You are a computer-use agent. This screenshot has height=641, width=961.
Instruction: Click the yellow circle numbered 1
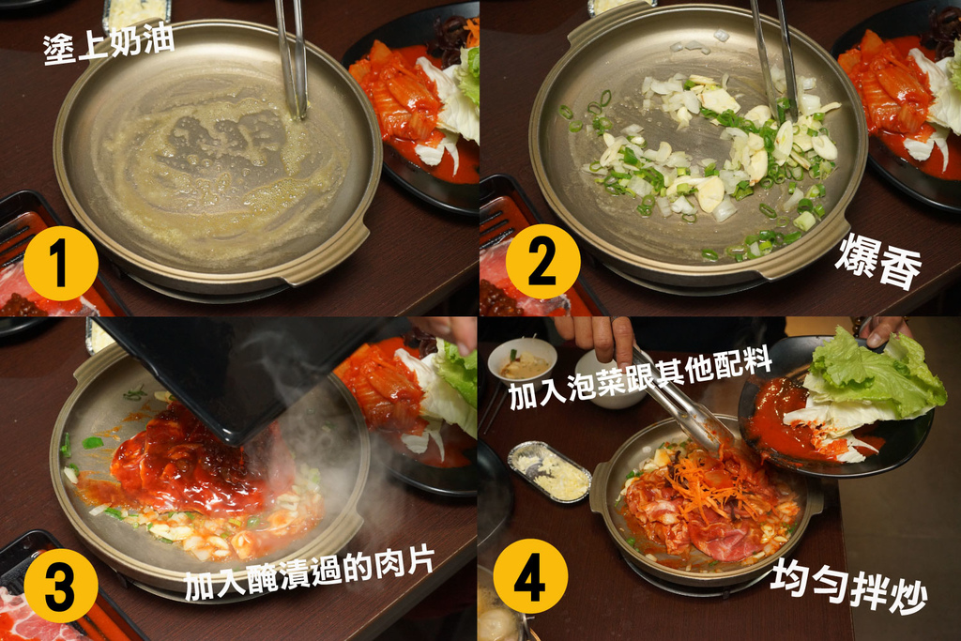coord(61,264)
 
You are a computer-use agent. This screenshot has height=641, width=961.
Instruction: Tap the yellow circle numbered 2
coord(542,262)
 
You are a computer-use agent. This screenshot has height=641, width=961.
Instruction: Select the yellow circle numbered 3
coord(61,586)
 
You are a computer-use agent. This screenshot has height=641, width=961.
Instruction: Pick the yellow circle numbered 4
coord(530,576)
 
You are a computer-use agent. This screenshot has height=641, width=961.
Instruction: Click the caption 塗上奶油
coord(109,43)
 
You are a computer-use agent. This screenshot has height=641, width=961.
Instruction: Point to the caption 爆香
coord(878,261)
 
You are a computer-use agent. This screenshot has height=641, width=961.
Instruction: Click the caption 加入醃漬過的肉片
coord(310,574)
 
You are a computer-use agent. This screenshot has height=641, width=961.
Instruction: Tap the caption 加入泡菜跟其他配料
coord(639,379)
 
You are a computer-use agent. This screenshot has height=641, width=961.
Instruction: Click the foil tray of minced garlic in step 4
coord(549,471)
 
